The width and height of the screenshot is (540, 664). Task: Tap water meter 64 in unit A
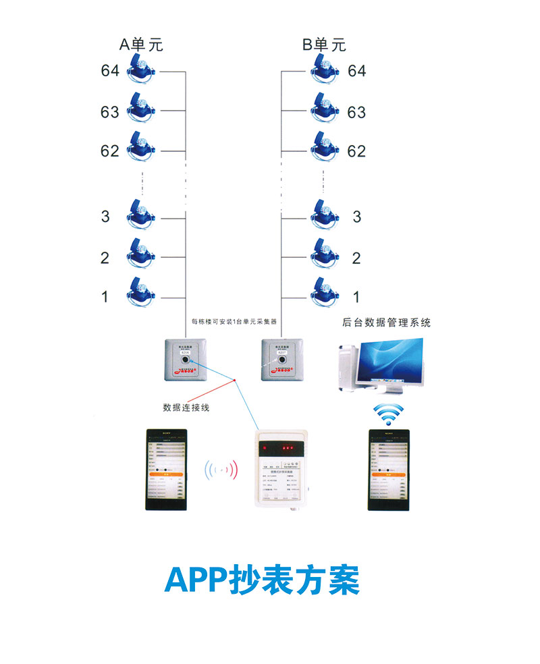pos(140,70)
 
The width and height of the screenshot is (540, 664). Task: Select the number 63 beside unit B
pos(356,112)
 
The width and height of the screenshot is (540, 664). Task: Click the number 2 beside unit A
pos(105,257)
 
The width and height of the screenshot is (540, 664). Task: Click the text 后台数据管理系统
pos(386,323)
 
